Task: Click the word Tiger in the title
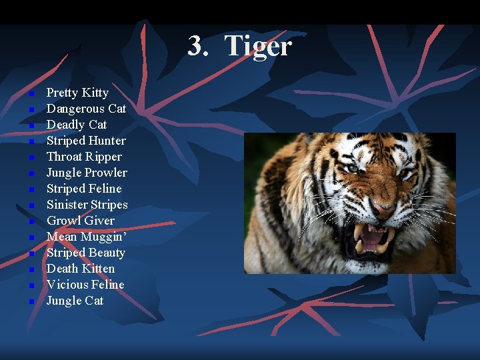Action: (259, 46)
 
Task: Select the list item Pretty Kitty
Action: (77, 93)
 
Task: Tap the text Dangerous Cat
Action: (86, 109)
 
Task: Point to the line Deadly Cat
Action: (77, 125)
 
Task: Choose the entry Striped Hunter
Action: (86, 141)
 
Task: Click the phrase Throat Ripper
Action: (84, 157)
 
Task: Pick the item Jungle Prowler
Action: (87, 173)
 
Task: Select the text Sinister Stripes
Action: (87, 205)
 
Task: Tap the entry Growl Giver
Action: (80, 221)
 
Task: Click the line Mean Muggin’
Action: (84, 237)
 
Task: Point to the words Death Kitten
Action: (81, 269)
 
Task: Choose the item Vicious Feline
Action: (85, 285)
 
